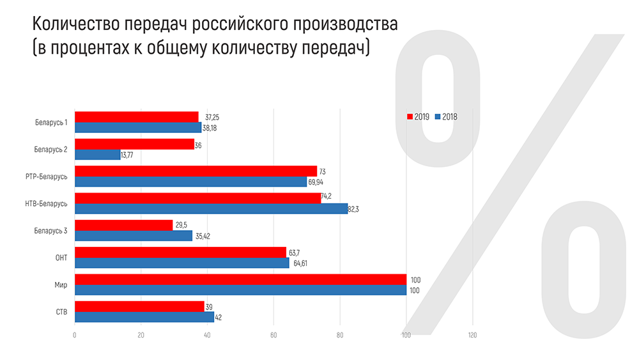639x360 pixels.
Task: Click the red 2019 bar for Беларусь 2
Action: click(134, 145)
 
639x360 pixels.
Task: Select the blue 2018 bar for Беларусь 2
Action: click(98, 155)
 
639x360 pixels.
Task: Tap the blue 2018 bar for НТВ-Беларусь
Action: click(211, 208)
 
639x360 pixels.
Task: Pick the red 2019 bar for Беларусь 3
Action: click(124, 225)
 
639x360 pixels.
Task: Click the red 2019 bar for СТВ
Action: click(139, 306)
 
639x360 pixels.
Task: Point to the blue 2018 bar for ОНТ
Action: click(182, 263)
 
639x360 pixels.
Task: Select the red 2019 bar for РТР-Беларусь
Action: click(196, 171)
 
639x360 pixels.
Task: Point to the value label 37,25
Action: click(212, 118)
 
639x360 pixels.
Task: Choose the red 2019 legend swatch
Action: click(410, 117)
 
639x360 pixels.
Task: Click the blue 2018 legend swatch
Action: click(438, 117)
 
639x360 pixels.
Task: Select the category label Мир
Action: click(61, 285)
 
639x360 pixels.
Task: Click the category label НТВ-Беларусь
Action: click(47, 203)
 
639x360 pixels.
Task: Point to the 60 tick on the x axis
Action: click(273, 335)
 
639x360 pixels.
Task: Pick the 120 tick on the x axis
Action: click(472, 335)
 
